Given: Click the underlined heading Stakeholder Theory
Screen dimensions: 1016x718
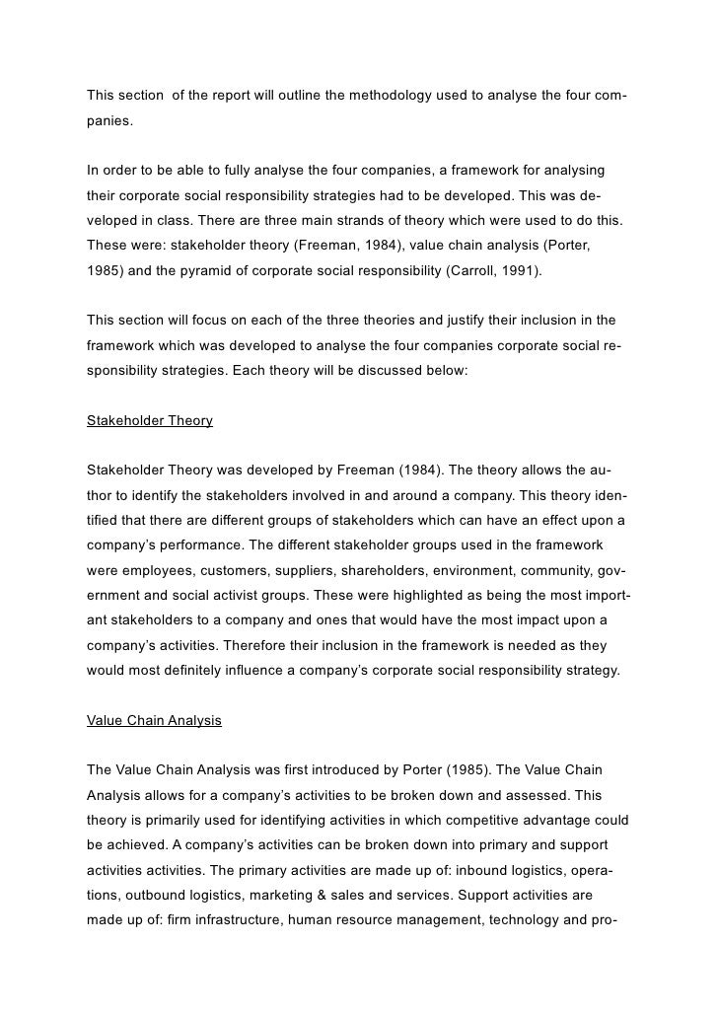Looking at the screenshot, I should coord(149,420).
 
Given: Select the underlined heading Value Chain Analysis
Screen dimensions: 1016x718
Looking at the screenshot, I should coord(154,720).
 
